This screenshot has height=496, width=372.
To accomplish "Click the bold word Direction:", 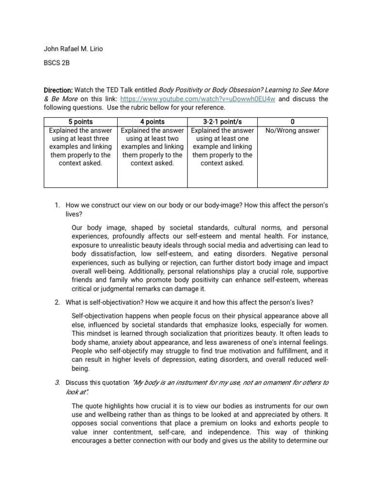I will [58, 91].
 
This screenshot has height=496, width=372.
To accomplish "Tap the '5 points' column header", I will [81, 122].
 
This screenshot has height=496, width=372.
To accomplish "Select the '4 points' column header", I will [152, 122].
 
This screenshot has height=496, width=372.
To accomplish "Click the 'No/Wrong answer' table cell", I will [293, 130].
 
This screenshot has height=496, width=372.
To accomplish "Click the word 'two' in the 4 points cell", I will [174, 139].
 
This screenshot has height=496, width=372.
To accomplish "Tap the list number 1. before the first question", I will [57, 205].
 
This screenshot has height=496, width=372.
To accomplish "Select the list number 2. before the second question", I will [57, 303].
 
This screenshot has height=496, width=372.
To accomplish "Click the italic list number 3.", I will [57, 383].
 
